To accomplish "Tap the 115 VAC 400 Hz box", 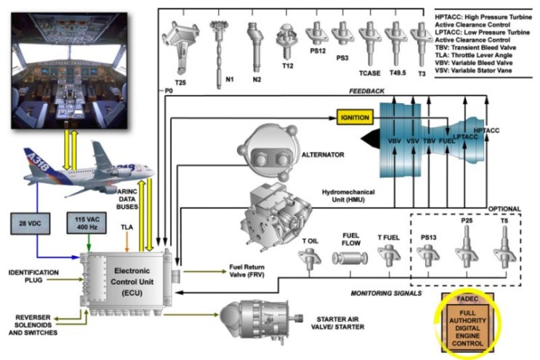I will pyautogui.click(x=85, y=223).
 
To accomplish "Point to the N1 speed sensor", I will pyautogui.click(x=219, y=44).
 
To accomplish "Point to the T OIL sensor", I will pyautogui.click(x=310, y=258).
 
